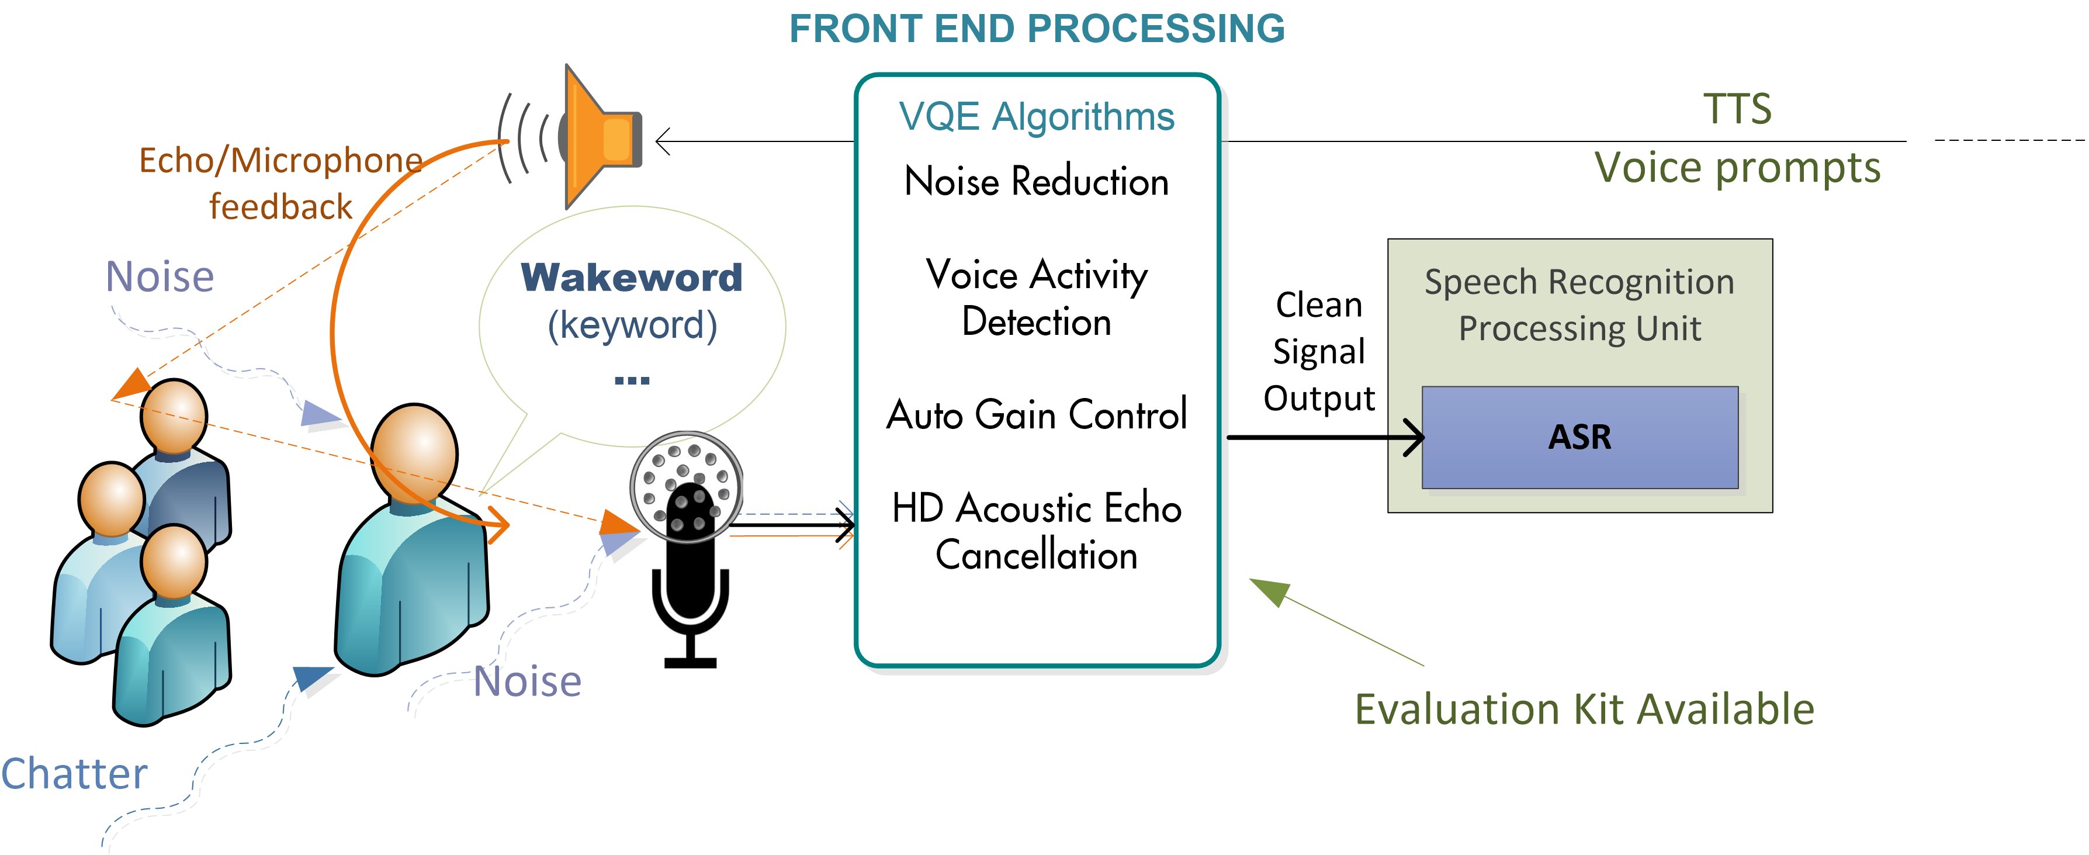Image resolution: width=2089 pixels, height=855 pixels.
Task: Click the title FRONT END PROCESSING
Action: pyautogui.click(x=1037, y=29)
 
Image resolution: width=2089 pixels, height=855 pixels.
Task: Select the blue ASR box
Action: pyautogui.click(x=1579, y=437)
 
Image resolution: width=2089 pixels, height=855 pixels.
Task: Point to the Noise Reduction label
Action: pyautogui.click(x=1037, y=181)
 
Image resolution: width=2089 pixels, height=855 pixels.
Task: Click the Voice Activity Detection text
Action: pyautogui.click(x=1037, y=297)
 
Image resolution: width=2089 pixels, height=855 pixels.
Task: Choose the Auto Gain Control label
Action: pyautogui.click(x=1037, y=414)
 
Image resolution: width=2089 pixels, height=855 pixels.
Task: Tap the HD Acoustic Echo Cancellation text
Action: pyautogui.click(x=1037, y=531)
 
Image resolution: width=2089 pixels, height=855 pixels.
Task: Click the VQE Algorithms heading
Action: pyautogui.click(x=1037, y=117)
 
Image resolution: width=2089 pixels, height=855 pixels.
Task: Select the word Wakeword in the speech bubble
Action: pyautogui.click(x=631, y=278)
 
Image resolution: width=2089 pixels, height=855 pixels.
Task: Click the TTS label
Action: pyautogui.click(x=1737, y=109)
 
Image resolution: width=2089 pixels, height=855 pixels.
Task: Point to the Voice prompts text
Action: pyautogui.click(x=1737, y=168)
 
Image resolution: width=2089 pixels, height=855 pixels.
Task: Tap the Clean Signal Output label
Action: pyautogui.click(x=1319, y=351)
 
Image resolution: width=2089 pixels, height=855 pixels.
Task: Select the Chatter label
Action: pyautogui.click(x=75, y=773)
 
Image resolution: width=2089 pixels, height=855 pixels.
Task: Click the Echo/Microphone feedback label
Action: pyautogui.click(x=280, y=184)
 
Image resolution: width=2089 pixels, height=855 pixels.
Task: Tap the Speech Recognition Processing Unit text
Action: pyautogui.click(x=1579, y=305)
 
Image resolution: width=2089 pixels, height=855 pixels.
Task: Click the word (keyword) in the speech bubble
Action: pyautogui.click(x=632, y=326)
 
